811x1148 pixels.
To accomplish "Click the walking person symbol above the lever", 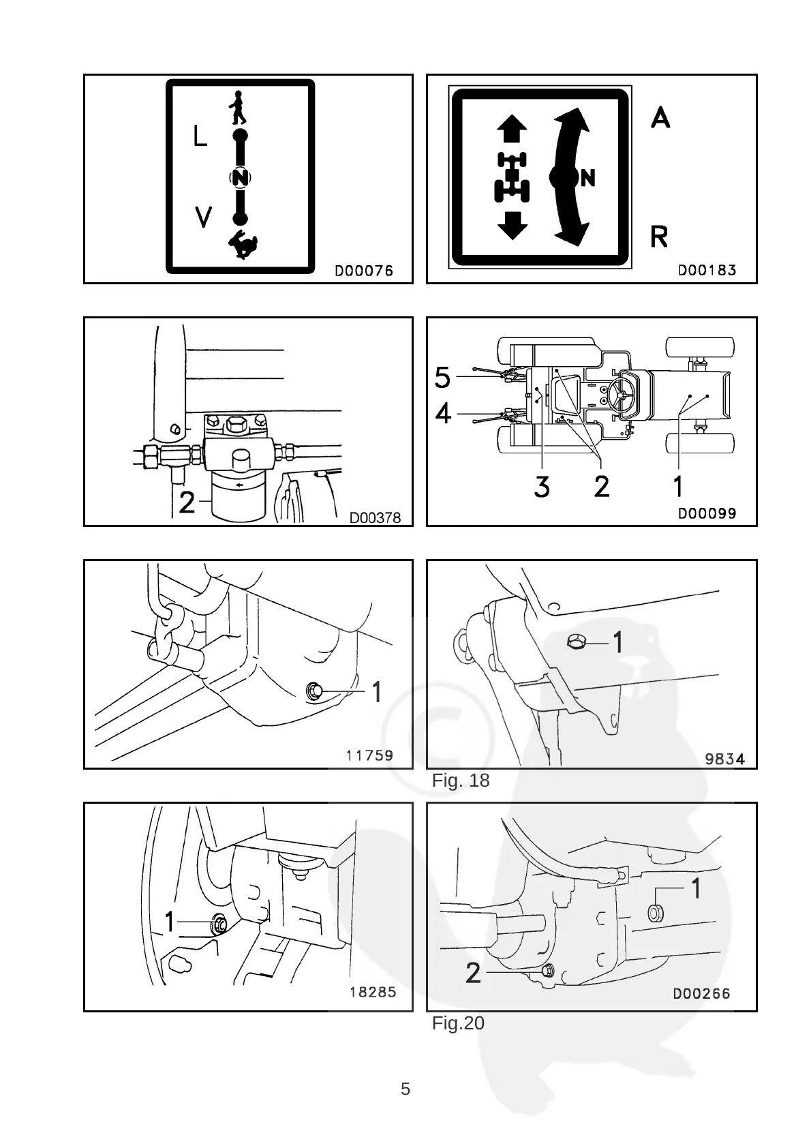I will click(238, 107).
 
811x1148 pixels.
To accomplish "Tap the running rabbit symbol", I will click(243, 245).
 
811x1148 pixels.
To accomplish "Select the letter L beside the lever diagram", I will click(199, 136).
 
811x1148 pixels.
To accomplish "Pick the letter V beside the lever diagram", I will click(203, 217).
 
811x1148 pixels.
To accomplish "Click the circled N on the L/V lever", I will click(239, 178).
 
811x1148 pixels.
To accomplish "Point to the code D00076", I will click(363, 271).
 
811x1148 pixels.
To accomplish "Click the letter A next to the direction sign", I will click(660, 118).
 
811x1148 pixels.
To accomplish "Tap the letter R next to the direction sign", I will click(659, 237).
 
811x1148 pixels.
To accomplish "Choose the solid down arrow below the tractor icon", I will click(512, 224).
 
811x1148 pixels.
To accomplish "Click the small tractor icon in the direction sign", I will click(512, 177).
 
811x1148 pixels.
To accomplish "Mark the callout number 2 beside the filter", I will click(186, 502).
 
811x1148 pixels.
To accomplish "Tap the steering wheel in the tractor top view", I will click(623, 395).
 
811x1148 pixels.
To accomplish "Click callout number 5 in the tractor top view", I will click(443, 376).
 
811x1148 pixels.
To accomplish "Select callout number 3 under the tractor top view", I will click(542, 487).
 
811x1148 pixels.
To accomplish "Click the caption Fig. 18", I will click(461, 781).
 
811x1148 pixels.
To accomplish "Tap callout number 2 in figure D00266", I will click(473, 973).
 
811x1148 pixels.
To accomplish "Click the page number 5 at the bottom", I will click(405, 1089).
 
